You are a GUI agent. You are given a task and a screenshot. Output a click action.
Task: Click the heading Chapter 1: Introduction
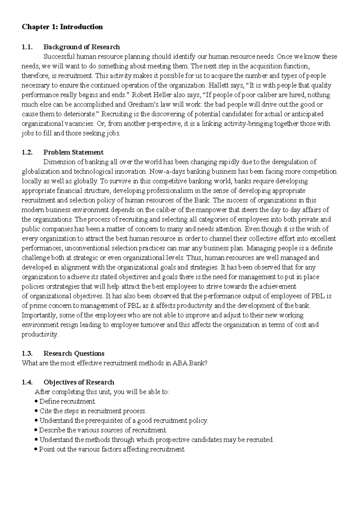tap(62, 27)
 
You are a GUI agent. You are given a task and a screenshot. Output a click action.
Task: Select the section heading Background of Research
tap(82, 47)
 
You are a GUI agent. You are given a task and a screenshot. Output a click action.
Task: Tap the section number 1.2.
tap(27, 152)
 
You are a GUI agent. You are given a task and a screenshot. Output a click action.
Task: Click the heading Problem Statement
tap(73, 152)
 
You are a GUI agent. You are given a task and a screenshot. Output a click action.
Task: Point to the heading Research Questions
tap(74, 353)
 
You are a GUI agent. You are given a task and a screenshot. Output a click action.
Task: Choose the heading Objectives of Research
tap(79, 382)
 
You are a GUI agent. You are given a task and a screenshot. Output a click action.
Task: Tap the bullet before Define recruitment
tap(36, 401)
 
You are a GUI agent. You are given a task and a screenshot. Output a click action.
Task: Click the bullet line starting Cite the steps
tap(93, 411)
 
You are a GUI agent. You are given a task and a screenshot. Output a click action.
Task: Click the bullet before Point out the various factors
tap(36, 449)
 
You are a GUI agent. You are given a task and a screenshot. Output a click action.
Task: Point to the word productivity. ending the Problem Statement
tap(40, 335)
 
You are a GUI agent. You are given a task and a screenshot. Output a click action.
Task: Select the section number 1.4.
tap(27, 382)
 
